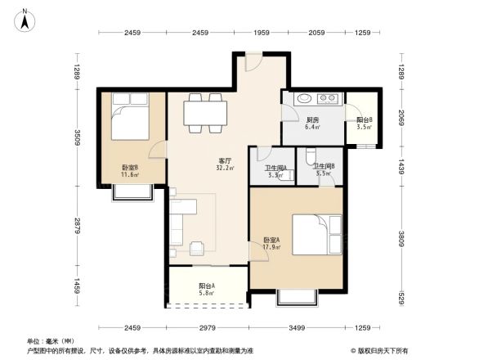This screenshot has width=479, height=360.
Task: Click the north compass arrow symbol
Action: pos(25,19)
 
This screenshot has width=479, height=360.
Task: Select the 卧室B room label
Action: pos(130,170)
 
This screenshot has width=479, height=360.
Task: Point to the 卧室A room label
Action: pos(271,243)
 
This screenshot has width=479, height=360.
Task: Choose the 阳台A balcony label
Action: pos(207,289)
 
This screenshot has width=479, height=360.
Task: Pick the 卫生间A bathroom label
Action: pos(274,169)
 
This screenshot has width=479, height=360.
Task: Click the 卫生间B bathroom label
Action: pos(324,169)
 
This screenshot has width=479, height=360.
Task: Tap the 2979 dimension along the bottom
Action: pos(206,327)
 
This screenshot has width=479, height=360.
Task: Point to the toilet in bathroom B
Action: pos(311,155)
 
